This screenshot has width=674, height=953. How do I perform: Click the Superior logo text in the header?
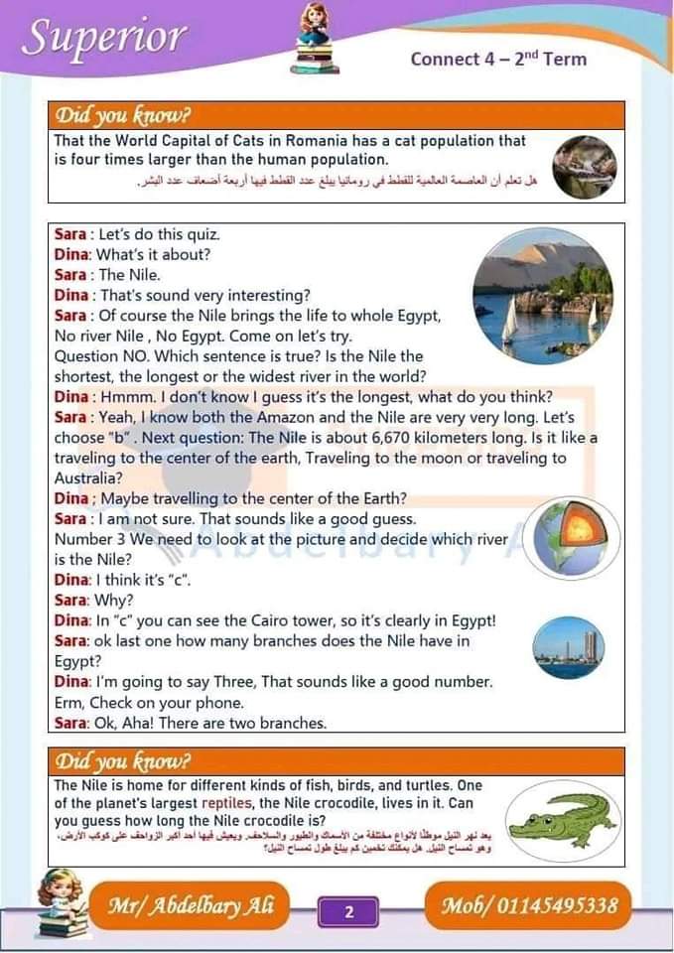pos(104,38)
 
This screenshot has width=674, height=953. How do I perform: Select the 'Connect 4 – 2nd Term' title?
pos(498,59)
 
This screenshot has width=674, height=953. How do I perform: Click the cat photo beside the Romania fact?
pos(585,164)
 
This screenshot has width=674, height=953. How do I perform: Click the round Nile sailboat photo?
pos(542,295)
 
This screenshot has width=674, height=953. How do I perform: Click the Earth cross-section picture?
pos(572,537)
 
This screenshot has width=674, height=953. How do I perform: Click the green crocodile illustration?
pos(563,818)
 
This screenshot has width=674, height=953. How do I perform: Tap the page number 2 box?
pos(348,910)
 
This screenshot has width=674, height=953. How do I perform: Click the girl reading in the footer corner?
pos(61,902)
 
